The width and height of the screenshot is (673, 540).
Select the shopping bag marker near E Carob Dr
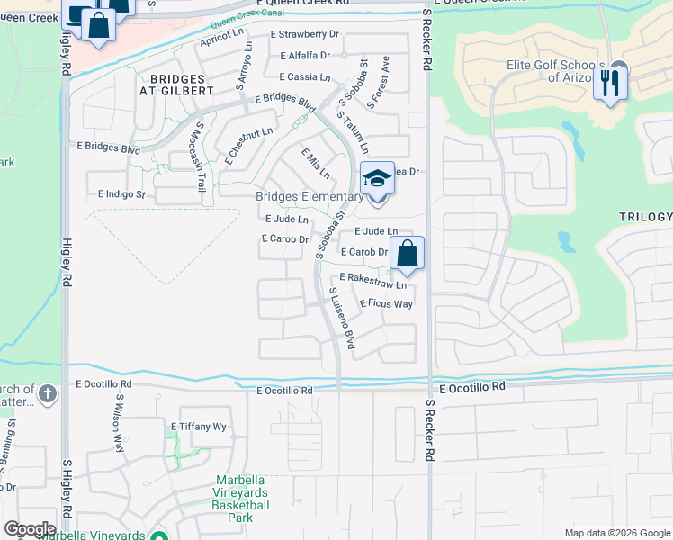point(407,255)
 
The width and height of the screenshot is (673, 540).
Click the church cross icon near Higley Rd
point(47,393)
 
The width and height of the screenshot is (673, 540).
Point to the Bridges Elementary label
point(309,197)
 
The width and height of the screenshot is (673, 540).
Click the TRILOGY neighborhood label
point(645,217)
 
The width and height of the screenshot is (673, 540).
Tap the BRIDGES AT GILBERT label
point(176,85)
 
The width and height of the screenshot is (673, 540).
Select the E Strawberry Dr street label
point(306,34)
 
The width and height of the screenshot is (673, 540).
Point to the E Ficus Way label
point(386,304)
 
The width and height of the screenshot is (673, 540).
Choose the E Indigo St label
point(121,194)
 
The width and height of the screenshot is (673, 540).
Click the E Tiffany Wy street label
point(198,427)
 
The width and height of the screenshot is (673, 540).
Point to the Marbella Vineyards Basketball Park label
point(242,499)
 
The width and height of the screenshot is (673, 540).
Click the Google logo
point(30,529)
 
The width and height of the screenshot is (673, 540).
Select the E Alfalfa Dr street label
point(305,56)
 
